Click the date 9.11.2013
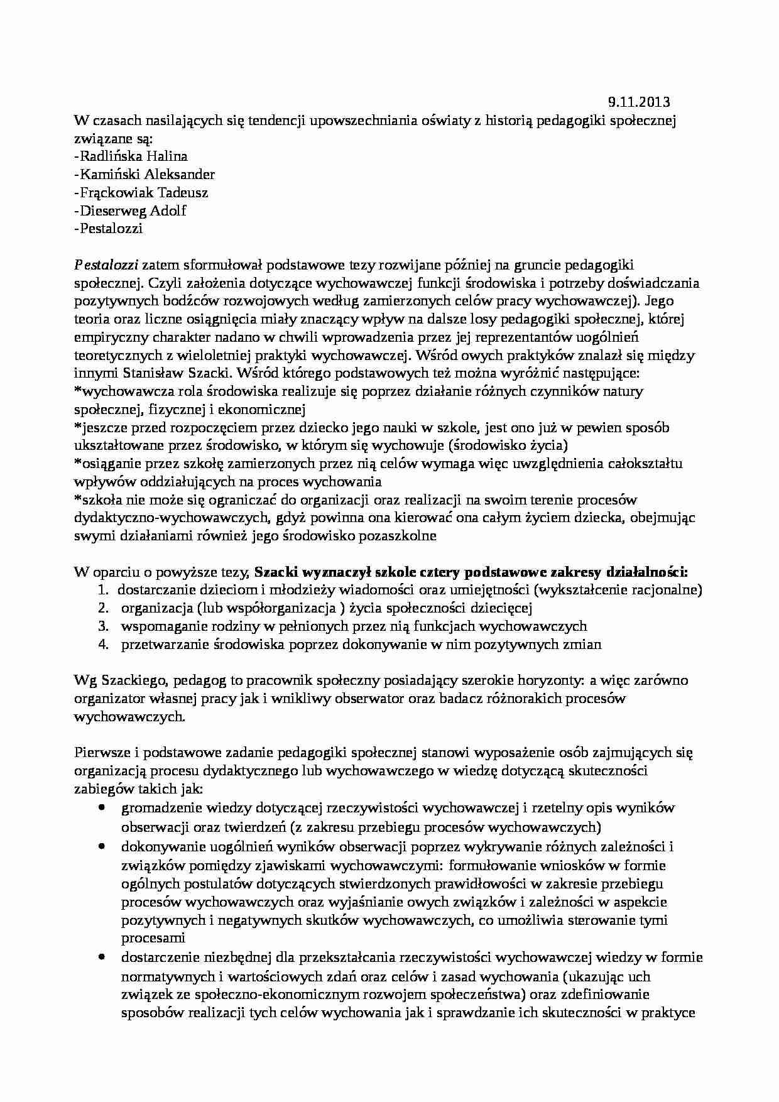(x=639, y=101)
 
